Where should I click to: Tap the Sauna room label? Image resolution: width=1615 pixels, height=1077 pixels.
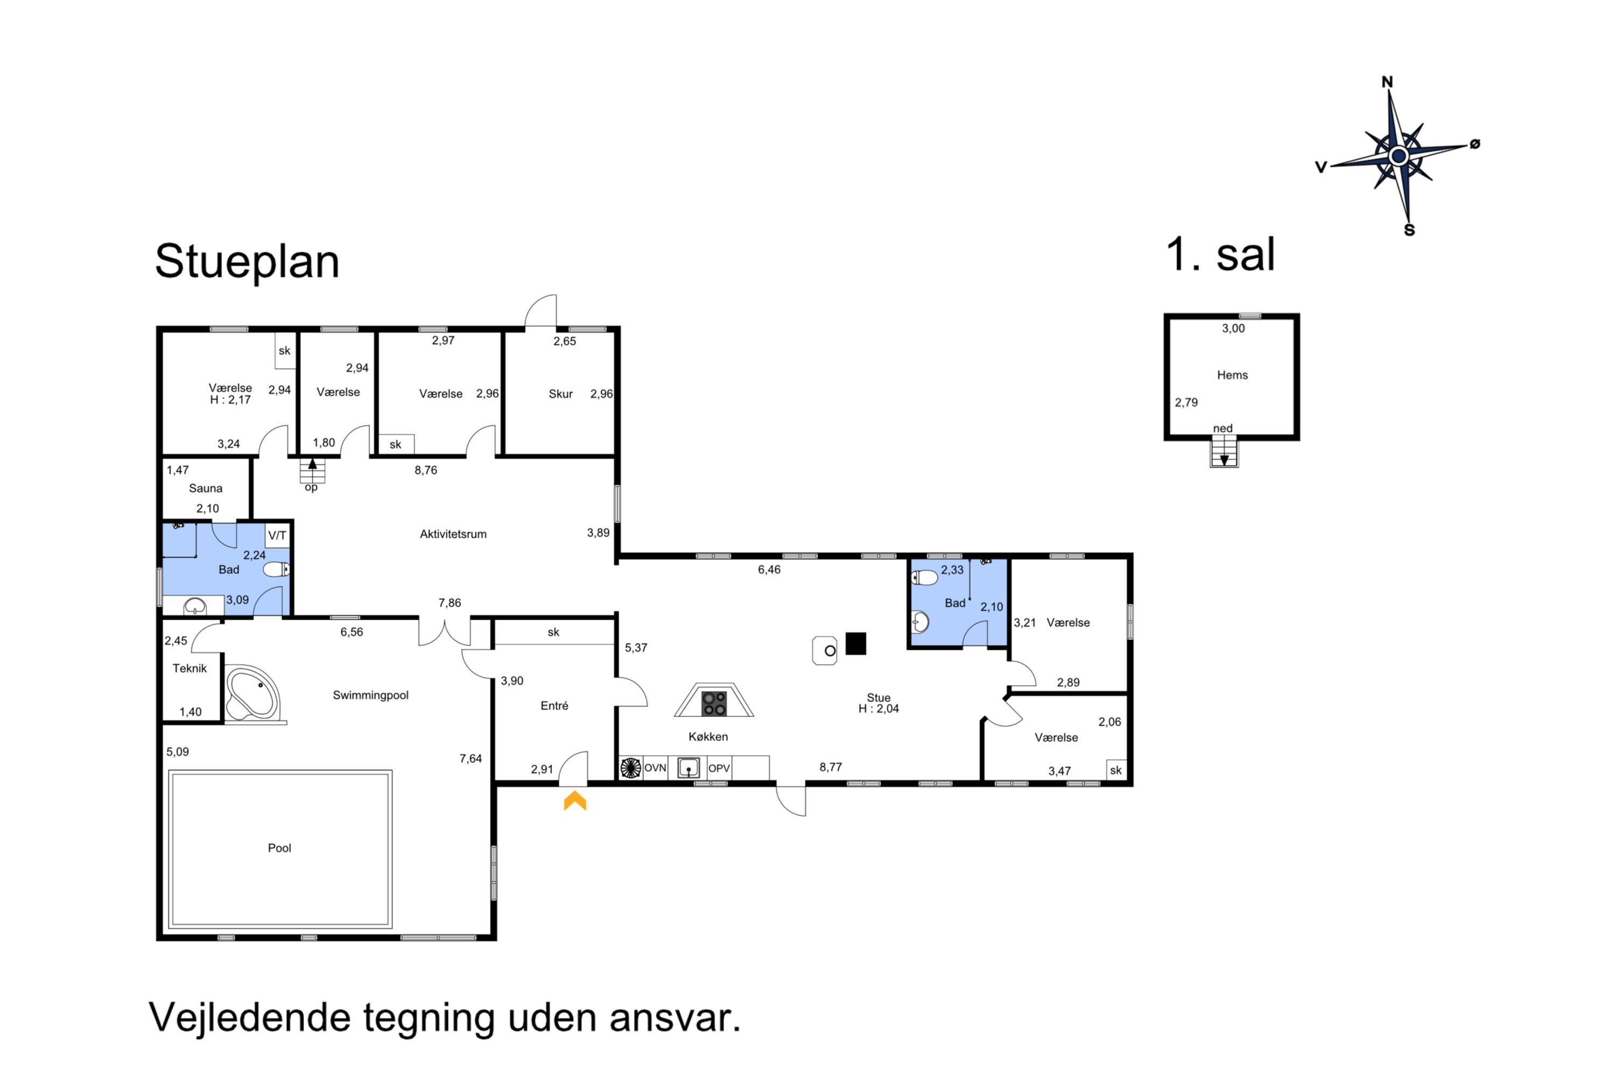point(205,488)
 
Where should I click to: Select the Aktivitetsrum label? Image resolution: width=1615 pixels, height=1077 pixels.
point(453,534)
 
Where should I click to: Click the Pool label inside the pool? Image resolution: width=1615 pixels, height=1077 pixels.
point(279,848)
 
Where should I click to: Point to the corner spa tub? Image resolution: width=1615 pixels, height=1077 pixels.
point(252,694)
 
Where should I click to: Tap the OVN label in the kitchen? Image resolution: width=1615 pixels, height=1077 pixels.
point(655,768)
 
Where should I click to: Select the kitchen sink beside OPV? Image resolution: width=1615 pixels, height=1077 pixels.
point(688,768)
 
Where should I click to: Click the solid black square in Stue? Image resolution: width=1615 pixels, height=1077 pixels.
point(855,644)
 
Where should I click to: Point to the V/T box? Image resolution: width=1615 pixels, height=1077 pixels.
point(277,535)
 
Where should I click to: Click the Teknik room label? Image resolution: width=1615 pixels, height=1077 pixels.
point(189,668)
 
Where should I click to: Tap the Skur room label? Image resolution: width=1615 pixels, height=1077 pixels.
point(560,394)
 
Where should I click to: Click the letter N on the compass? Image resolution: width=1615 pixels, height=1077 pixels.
point(1387,82)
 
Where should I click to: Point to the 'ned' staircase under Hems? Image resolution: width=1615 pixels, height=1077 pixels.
point(1224,451)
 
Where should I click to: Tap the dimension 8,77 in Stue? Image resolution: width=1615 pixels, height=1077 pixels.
point(830,767)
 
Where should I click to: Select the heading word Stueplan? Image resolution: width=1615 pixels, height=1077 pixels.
point(247,262)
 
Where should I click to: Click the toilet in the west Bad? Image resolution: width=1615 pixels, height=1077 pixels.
point(277,569)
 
